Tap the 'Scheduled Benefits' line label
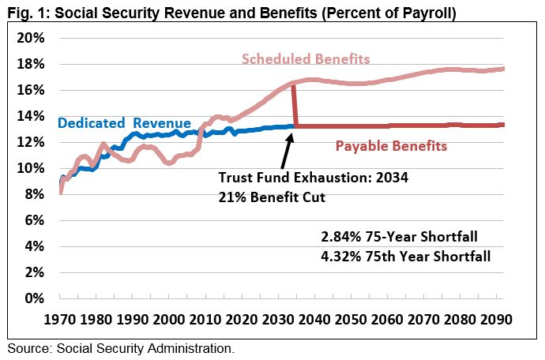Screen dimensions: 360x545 pyautogui.click(x=306, y=59)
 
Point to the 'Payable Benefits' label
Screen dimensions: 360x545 pyautogui.click(x=391, y=146)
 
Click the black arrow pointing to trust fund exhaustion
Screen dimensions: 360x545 pyautogui.click(x=284, y=150)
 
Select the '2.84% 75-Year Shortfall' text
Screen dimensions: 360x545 pyautogui.click(x=400, y=236)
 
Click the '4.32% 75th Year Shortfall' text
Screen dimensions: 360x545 pyautogui.click(x=406, y=256)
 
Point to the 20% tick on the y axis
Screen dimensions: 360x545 pyautogui.click(x=31, y=38)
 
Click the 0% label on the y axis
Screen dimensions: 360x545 pyautogui.click(x=35, y=298)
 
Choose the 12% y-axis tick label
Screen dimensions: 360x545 pyautogui.click(x=31, y=142)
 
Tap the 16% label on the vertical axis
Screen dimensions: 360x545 pyautogui.click(x=31, y=90)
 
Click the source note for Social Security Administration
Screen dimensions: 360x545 pyautogui.click(x=121, y=347)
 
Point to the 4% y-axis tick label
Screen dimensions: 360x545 pyautogui.click(x=35, y=246)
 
